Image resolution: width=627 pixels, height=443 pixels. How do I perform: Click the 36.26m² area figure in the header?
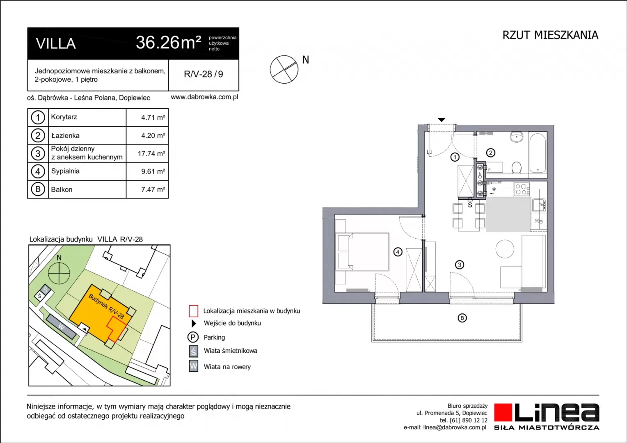point(169,43)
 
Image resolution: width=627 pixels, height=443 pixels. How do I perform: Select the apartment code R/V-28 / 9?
point(204,74)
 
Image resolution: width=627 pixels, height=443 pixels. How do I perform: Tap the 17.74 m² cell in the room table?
point(151,154)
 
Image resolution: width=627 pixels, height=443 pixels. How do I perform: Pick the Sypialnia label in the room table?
point(65,171)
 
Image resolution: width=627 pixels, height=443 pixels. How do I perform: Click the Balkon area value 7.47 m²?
point(153,190)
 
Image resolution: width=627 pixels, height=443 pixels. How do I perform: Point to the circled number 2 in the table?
point(38,135)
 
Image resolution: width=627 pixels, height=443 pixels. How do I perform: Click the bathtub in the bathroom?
point(538,153)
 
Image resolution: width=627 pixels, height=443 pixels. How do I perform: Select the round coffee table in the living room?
point(505,249)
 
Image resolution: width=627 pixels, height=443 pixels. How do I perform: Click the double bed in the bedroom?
point(363,251)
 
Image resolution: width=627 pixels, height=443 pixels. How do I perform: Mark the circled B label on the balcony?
point(462,318)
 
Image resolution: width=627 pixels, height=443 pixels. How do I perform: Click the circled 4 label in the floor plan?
point(398,252)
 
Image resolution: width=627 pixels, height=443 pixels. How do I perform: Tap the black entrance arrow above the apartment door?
point(442,120)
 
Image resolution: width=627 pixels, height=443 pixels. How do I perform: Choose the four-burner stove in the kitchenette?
point(522,189)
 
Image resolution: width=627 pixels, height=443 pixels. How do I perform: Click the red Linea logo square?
point(503,412)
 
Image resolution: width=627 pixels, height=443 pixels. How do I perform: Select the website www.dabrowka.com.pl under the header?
point(204,97)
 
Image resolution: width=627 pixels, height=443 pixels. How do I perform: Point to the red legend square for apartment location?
point(193,311)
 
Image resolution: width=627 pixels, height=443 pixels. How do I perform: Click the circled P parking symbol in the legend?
point(193,337)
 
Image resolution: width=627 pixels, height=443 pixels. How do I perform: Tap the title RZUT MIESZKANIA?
point(550,35)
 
